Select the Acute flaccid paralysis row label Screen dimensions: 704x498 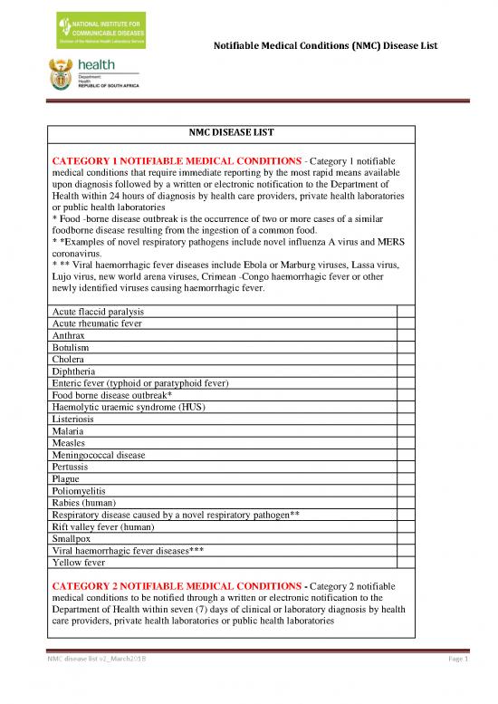coord(99,312)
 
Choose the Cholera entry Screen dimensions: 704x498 coord(70,360)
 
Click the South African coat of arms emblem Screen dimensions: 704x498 coord(62,72)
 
